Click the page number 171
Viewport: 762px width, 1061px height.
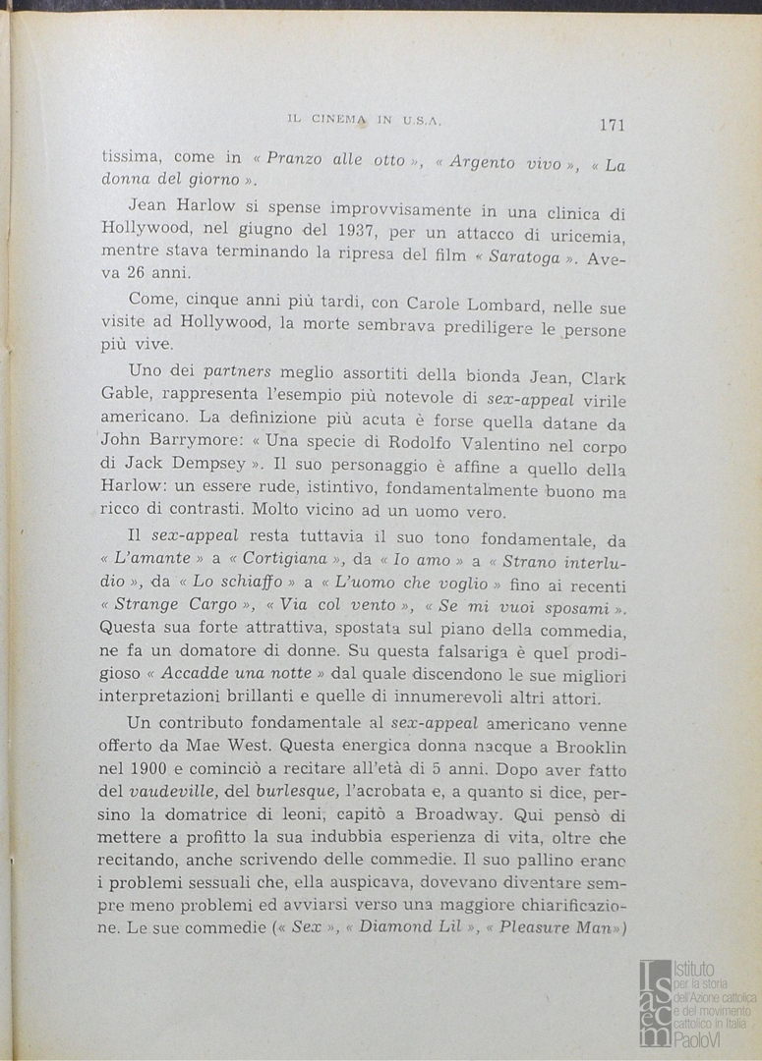(611, 124)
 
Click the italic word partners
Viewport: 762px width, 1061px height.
(240, 373)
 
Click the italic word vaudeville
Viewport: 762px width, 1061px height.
(170, 794)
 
